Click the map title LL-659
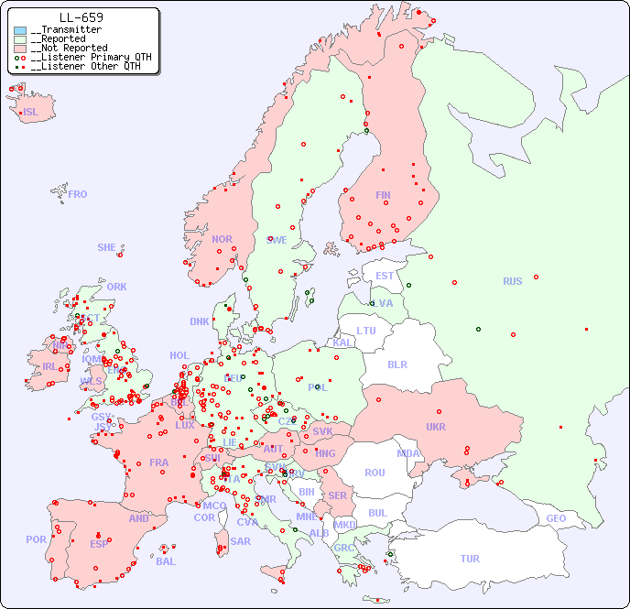click(x=81, y=17)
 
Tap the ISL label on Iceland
click(x=31, y=113)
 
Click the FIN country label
click(x=383, y=195)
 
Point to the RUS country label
click(x=512, y=281)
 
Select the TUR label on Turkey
click(x=470, y=559)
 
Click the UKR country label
click(x=436, y=427)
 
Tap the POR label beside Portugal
click(x=36, y=539)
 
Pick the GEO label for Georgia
click(x=556, y=518)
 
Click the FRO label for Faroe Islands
click(x=78, y=194)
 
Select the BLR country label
click(x=396, y=364)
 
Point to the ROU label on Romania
click(x=375, y=473)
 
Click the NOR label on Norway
click(x=222, y=239)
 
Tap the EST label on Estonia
click(x=385, y=276)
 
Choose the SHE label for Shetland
click(x=107, y=247)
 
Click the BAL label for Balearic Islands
click(x=165, y=561)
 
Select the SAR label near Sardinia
click(x=240, y=541)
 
